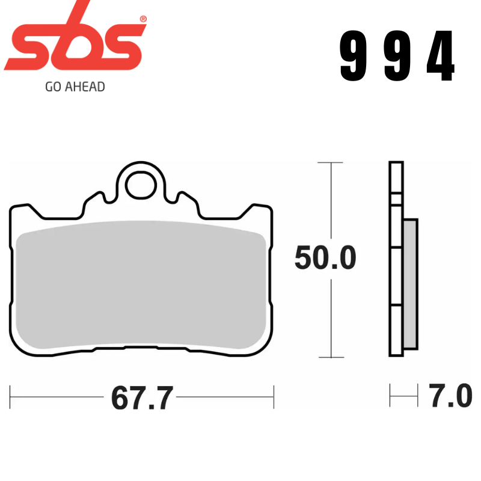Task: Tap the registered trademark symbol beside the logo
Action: pyautogui.click(x=142, y=19)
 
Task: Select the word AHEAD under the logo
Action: pyautogui.click(x=85, y=87)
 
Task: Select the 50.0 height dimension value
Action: pyautogui.click(x=325, y=259)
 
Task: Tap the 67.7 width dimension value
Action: pyautogui.click(x=142, y=398)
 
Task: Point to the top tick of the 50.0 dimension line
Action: pyautogui.click(x=330, y=162)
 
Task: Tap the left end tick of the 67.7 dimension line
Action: pyautogui.click(x=11, y=397)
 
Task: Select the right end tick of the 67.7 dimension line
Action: pyautogui.click(x=274, y=397)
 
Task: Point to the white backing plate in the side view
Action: pyautogui.click(x=396, y=259)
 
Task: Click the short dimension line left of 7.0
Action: pyautogui.click(x=403, y=397)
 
